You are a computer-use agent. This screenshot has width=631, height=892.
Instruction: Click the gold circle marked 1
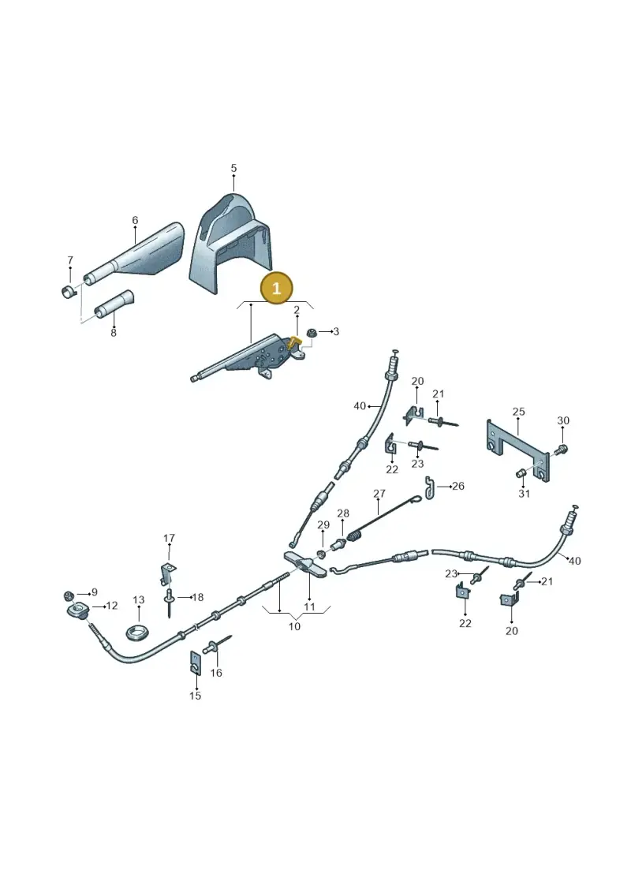276,288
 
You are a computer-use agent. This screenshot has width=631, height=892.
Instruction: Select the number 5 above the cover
233,169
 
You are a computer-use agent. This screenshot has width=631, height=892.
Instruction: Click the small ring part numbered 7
69,292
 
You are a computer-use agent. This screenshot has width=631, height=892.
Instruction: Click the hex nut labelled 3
312,332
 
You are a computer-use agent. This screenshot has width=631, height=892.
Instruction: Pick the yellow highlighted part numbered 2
294,341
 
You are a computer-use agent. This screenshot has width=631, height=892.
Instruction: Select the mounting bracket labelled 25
518,450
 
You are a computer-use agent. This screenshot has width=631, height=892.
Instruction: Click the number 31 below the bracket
524,493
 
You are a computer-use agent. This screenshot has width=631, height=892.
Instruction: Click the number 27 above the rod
379,494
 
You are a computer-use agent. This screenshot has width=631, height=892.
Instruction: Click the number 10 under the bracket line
294,626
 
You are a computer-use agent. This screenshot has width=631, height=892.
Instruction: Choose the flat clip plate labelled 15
195,662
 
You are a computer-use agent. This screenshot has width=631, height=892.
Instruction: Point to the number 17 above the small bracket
169,538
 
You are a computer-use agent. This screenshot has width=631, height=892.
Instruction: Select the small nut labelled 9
68,595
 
